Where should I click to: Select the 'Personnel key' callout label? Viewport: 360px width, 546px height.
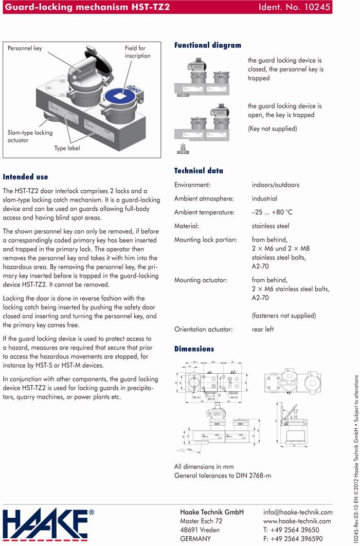25,48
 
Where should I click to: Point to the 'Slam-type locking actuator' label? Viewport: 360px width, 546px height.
30,136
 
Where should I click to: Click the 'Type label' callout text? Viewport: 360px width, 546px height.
67,148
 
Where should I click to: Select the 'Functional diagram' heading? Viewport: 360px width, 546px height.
207,45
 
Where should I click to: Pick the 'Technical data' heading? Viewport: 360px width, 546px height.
199,171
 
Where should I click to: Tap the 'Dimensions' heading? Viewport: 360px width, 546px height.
194,349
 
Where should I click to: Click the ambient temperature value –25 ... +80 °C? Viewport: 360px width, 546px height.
272,212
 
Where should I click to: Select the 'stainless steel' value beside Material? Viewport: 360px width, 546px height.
271,226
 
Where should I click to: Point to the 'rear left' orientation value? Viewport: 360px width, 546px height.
263,329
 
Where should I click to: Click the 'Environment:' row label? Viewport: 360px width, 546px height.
192,185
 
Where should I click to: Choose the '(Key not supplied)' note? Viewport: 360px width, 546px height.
272,129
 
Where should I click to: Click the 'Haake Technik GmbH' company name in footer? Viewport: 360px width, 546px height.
211,512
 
